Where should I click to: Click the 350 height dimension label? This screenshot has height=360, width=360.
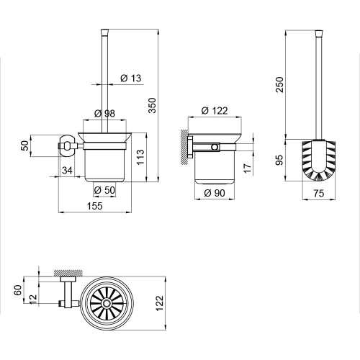(x=153, y=105)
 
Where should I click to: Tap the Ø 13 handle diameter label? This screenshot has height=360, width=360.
(x=131, y=78)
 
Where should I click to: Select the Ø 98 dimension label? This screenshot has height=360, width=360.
(x=104, y=113)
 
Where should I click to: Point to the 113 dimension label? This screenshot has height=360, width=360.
(x=140, y=157)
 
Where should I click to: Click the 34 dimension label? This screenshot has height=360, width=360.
(x=67, y=171)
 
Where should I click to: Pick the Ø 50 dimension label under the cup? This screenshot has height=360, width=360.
(x=104, y=190)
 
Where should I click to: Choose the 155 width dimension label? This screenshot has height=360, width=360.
(x=94, y=206)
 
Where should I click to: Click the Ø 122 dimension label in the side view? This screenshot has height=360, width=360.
(x=215, y=111)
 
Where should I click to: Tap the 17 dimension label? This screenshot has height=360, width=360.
(x=247, y=168)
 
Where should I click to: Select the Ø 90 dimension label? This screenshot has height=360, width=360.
(x=215, y=193)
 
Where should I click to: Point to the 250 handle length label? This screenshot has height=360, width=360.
(x=280, y=84)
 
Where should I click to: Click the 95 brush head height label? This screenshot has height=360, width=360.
(x=279, y=160)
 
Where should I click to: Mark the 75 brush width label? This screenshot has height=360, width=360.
(x=319, y=193)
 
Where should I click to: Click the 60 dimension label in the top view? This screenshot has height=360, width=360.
(x=19, y=290)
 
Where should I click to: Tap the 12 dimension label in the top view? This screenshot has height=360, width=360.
(x=33, y=300)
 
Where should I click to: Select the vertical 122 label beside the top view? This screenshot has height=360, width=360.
(x=160, y=303)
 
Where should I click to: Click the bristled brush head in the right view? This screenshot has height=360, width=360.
(x=318, y=161)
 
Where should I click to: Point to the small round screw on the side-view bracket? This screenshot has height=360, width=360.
(x=215, y=147)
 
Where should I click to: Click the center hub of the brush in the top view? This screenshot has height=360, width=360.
(x=106, y=303)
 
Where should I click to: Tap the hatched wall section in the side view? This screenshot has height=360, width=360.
(x=184, y=147)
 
